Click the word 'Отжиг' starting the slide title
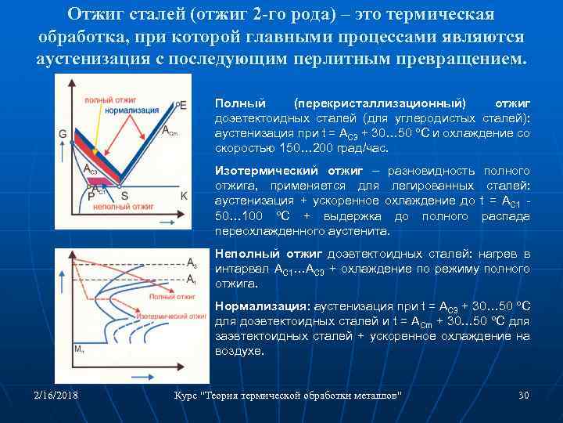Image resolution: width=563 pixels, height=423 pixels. pyautogui.click(x=96, y=15)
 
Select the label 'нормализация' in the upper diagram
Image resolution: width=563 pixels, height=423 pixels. pyautogui.click(x=130, y=110)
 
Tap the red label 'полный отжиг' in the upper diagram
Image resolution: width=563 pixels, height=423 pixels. pyautogui.click(x=106, y=99)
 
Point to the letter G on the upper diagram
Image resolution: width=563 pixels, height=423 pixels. pyautogui.click(x=62, y=133)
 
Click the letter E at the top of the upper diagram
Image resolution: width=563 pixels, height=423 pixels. pyautogui.click(x=183, y=105)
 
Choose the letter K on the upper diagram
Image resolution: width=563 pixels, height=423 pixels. pyautogui.click(x=184, y=195)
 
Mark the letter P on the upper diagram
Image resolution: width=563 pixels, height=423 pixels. pyautogui.click(x=91, y=197)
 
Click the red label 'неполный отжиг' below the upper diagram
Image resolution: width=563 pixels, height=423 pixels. pyautogui.click(x=117, y=209)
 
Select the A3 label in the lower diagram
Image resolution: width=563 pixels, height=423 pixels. pyautogui.click(x=192, y=262)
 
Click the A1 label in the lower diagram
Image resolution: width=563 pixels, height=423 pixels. pyautogui.click(x=192, y=279)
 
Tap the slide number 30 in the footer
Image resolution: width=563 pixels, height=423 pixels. pyautogui.click(x=524, y=395)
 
